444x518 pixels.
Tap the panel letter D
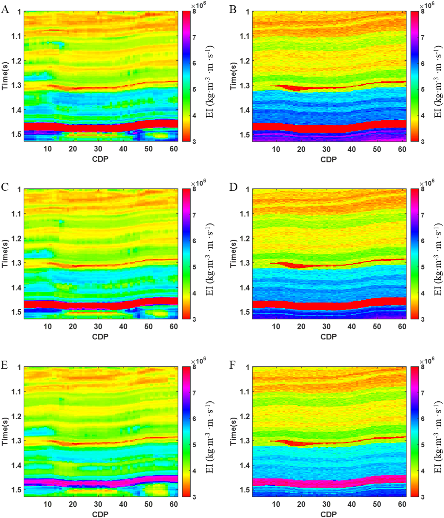tap(233, 187)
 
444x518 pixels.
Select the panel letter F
tap(233, 365)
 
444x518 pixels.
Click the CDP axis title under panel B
tap(328, 159)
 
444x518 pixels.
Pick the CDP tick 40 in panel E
tap(123, 504)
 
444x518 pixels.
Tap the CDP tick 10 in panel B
tap(276, 149)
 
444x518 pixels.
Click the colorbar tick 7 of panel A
tap(194, 37)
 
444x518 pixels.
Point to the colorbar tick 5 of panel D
tap(422, 267)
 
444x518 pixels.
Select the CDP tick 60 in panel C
tap(174, 326)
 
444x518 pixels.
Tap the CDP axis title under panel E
tap(100, 514)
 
